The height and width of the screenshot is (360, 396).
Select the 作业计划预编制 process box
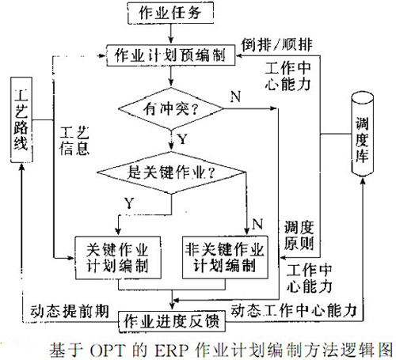[x=168, y=55]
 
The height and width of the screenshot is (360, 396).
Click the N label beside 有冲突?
[x=235, y=96]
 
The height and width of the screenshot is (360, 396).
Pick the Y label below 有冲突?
[x=185, y=138]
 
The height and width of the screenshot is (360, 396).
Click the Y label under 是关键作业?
[x=129, y=204]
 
